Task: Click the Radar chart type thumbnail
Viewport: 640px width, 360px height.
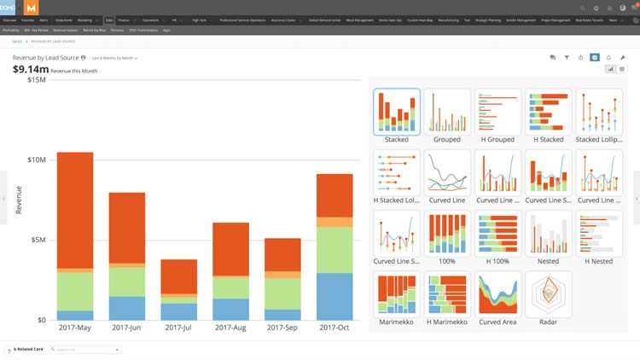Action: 548,294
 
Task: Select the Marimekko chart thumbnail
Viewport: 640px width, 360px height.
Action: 397,294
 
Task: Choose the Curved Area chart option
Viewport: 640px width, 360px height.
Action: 497,294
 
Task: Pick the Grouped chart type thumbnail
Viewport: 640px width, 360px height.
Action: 447,112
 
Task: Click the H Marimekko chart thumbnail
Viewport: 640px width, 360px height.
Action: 447,294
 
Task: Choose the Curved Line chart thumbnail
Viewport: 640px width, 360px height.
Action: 447,173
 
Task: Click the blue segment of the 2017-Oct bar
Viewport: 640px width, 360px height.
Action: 335,296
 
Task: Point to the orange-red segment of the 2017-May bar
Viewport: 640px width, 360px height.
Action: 75,209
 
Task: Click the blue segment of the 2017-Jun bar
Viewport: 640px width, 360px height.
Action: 127,308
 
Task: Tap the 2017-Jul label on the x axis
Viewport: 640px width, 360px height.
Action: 179,328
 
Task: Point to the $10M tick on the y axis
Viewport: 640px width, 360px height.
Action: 37,160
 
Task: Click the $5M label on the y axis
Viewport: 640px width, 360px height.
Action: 38,240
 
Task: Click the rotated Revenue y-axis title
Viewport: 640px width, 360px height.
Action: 19,200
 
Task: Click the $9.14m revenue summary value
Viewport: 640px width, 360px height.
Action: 30,70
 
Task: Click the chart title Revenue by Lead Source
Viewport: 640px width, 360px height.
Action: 44,58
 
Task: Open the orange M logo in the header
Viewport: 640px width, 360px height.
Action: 31,8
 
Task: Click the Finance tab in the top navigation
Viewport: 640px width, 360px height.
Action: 124,20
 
